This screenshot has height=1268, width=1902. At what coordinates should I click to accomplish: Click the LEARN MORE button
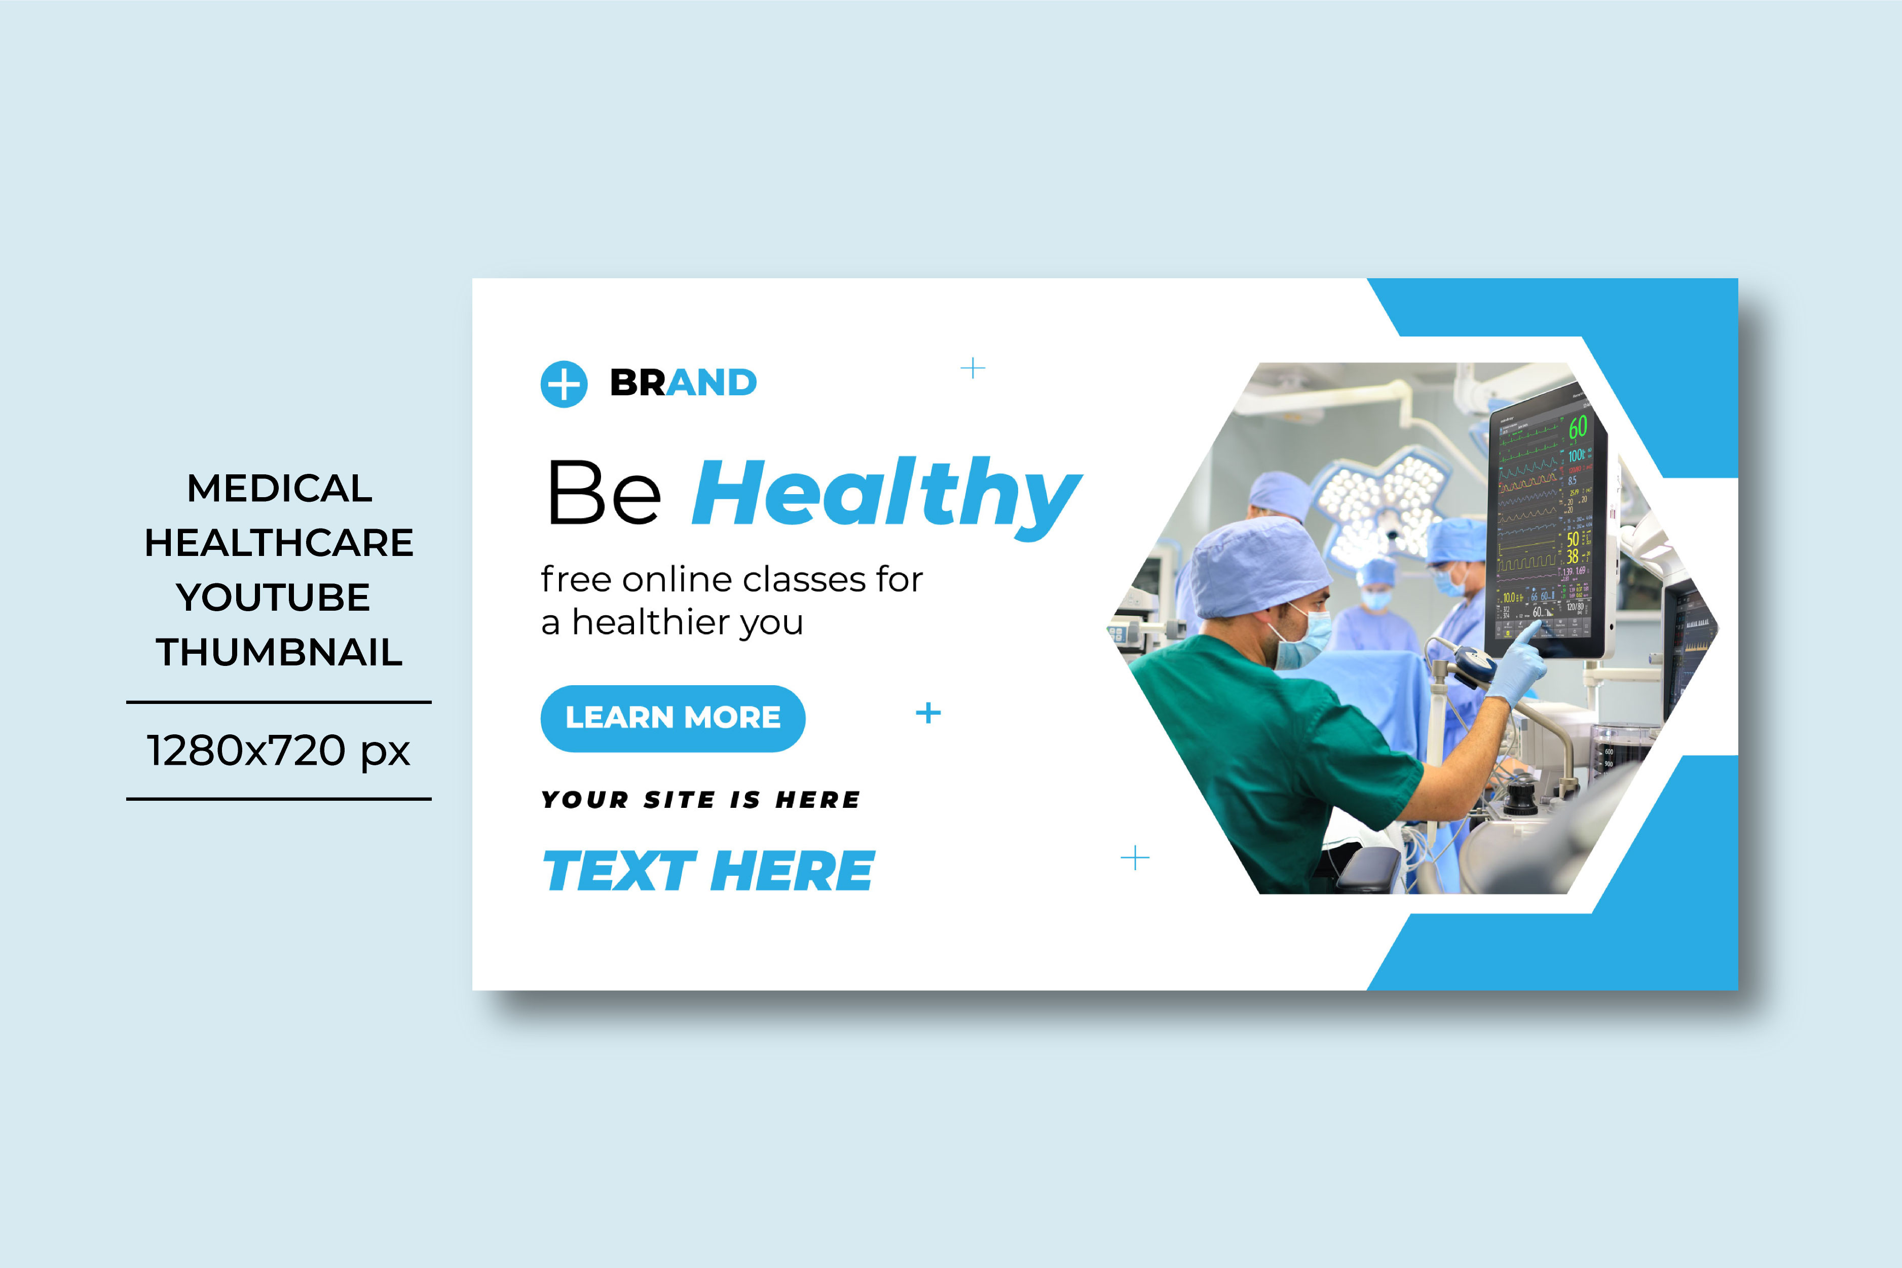673,718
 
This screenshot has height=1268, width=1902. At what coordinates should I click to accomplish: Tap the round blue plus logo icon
564,383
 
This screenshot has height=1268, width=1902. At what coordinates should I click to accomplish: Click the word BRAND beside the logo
683,383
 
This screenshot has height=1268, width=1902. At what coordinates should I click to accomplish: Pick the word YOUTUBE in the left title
273,598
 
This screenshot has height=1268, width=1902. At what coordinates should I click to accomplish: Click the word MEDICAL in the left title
280,489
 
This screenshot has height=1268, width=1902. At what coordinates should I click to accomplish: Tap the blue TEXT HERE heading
708,871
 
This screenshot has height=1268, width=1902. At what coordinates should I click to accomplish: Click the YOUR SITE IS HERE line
700,800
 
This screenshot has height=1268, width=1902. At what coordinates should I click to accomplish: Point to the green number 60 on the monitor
1578,427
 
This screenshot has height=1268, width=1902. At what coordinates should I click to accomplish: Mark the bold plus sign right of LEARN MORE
927,713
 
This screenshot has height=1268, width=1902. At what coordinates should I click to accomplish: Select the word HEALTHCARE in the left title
279,543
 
